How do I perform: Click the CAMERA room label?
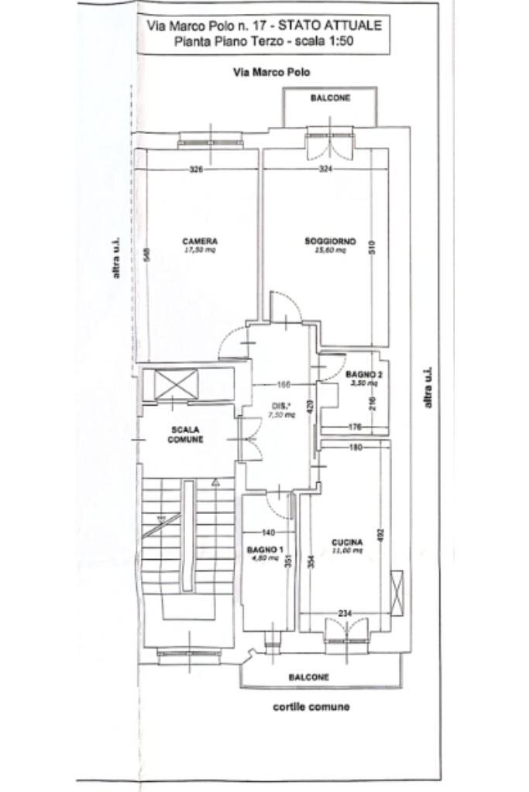tap(200, 241)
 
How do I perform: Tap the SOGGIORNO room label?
tap(330, 242)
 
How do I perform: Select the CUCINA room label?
tap(343, 541)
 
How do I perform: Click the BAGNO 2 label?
tap(362, 374)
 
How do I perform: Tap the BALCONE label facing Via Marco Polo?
tap(331, 98)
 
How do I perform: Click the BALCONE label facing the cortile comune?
tap(309, 677)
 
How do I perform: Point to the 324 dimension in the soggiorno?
tap(325, 170)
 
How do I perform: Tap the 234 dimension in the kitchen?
tap(345, 613)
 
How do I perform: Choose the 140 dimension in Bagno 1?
tap(268, 532)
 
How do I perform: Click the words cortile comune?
tap(311, 706)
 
